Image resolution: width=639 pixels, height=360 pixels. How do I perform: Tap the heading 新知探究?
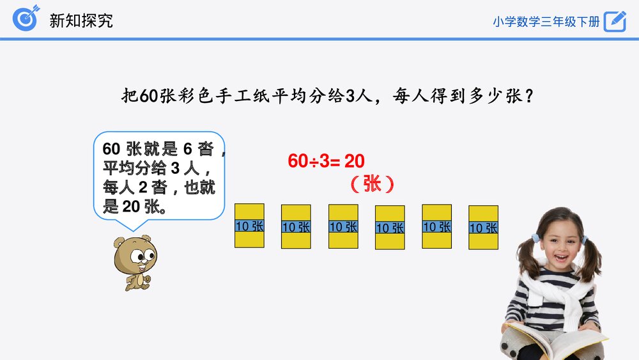81,20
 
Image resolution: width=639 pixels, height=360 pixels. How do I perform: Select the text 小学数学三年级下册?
546,21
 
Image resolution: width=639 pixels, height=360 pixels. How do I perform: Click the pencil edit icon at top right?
615,20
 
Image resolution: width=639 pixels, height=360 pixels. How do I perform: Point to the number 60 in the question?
148,96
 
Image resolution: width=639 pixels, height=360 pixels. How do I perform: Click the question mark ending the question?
528,96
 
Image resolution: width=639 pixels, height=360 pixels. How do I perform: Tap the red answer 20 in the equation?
355,161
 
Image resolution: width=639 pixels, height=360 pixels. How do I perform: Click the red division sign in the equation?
314,162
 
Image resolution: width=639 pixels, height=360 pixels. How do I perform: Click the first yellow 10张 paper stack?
249,226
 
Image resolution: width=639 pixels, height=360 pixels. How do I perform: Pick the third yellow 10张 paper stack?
343,226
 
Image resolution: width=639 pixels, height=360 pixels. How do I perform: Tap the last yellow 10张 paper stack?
483,227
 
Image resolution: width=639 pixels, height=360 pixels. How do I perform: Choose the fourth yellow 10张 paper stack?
390,227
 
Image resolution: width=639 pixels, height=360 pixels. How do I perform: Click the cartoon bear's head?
135,253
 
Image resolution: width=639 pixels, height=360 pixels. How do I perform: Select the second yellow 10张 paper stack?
296,226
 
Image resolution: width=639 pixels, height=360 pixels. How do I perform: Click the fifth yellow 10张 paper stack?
437,226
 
